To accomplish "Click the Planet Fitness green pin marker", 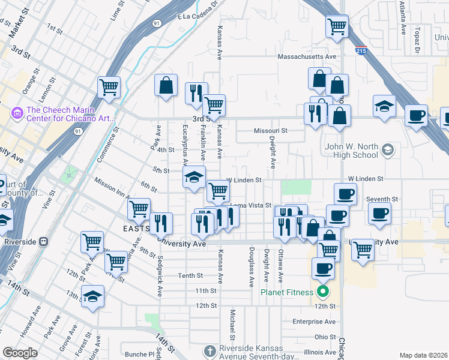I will (323, 292).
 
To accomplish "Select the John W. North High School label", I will (351, 150).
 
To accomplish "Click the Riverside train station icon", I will (43, 241).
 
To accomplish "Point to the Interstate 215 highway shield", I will (361, 52).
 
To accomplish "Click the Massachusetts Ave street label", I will (306, 57).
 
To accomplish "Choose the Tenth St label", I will (191, 275).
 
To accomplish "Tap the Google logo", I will (19, 353).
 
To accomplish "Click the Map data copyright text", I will (423, 355).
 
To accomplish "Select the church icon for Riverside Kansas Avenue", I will (209, 350).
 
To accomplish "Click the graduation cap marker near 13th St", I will (92, 296).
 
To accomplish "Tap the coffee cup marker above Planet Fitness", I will (323, 268).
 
